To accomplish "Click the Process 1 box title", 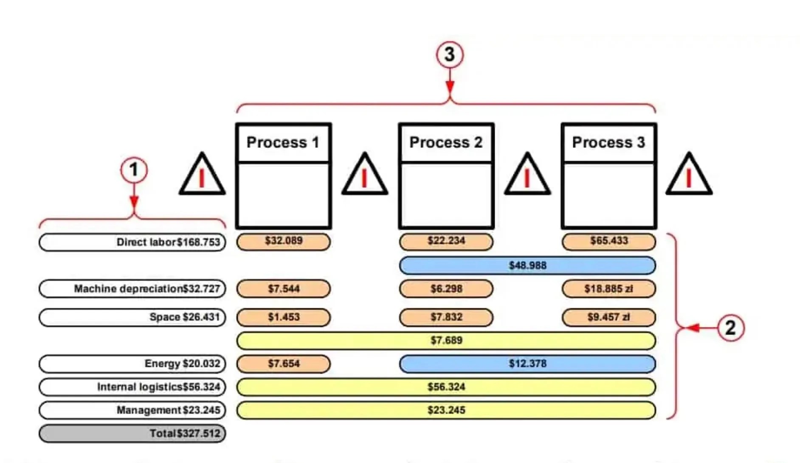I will [x=283, y=143].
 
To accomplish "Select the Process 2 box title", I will [x=446, y=143].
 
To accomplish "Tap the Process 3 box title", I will [x=608, y=143].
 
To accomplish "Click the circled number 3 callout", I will [x=449, y=54].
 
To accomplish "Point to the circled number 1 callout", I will [x=134, y=170].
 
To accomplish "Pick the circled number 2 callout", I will [x=730, y=328].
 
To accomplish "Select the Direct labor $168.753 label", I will [x=132, y=242].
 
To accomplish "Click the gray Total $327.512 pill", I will [x=132, y=433].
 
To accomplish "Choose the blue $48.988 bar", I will [x=527, y=265].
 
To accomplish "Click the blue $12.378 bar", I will [x=527, y=364].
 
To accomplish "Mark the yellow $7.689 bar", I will [x=446, y=340].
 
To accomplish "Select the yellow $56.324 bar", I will [x=446, y=387].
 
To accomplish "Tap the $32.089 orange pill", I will [x=283, y=241].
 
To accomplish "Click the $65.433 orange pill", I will [x=608, y=241].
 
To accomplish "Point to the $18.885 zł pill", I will [x=608, y=289].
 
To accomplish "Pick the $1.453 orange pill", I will [x=283, y=317].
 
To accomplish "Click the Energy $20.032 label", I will [x=132, y=364].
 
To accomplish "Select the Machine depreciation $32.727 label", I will [x=132, y=289].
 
